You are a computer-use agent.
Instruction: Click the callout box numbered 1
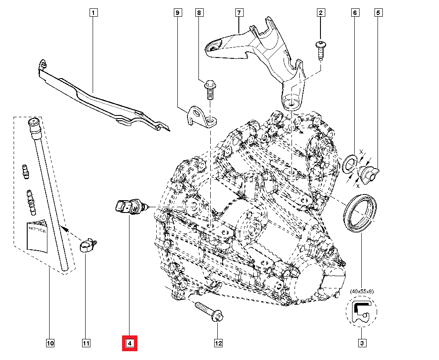[x=93, y=13]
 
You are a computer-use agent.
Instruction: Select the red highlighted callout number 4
[x=130, y=343]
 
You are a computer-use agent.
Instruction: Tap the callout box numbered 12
[x=218, y=343]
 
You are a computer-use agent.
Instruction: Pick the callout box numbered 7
[x=239, y=13]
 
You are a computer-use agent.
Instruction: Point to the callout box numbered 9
[x=177, y=13]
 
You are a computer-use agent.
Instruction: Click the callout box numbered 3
[x=361, y=343]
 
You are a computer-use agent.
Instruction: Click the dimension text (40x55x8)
[x=361, y=291]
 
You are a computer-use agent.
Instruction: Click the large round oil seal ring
[x=360, y=212]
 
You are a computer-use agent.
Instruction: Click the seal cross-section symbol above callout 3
[x=361, y=312]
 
